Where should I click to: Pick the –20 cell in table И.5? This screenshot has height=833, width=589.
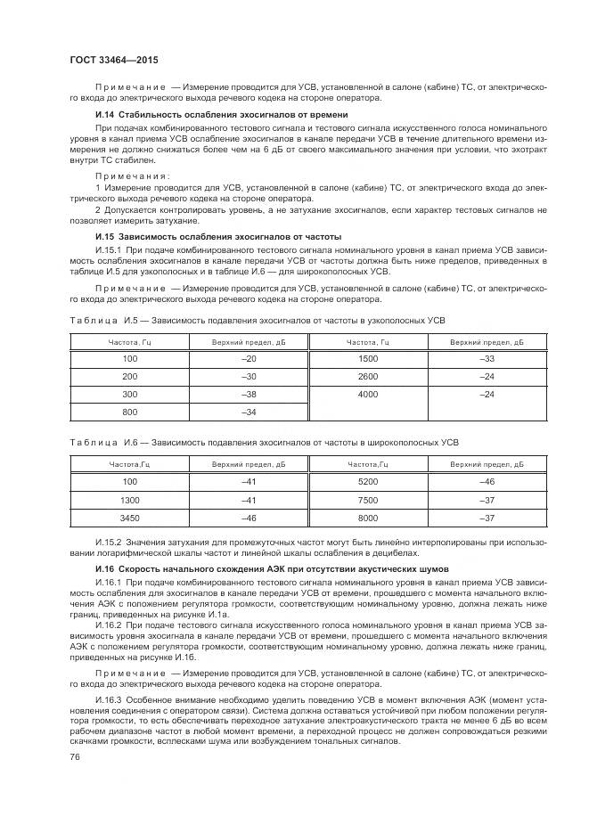tap(249, 357)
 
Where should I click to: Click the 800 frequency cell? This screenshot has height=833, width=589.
tap(130, 411)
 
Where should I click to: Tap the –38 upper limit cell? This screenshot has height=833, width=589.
tap(249, 393)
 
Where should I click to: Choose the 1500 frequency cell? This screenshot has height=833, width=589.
tap(367, 357)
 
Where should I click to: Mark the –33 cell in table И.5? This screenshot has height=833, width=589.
tap(487, 357)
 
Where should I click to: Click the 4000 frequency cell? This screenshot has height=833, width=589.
tap(367, 393)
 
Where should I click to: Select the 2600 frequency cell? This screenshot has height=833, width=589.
tap(367, 375)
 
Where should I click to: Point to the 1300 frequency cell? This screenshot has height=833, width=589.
tap(130, 499)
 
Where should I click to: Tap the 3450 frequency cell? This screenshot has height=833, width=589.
tap(130, 517)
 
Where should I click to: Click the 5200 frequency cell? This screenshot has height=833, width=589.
tap(367, 481)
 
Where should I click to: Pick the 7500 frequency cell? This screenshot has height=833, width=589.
tap(367, 499)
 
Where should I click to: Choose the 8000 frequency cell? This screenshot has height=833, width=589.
tap(367, 517)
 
